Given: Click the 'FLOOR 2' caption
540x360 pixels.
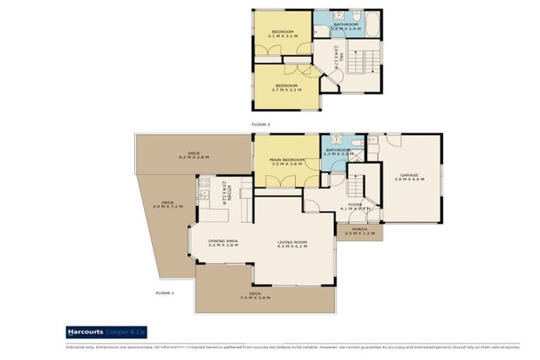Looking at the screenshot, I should point(261,124).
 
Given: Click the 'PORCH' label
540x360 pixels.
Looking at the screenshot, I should point(360,231).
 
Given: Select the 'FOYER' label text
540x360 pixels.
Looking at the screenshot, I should point(354,205).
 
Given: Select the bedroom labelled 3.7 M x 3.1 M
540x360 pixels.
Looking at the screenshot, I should point(286,88).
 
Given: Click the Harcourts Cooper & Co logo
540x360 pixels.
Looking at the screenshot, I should point(105,331).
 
